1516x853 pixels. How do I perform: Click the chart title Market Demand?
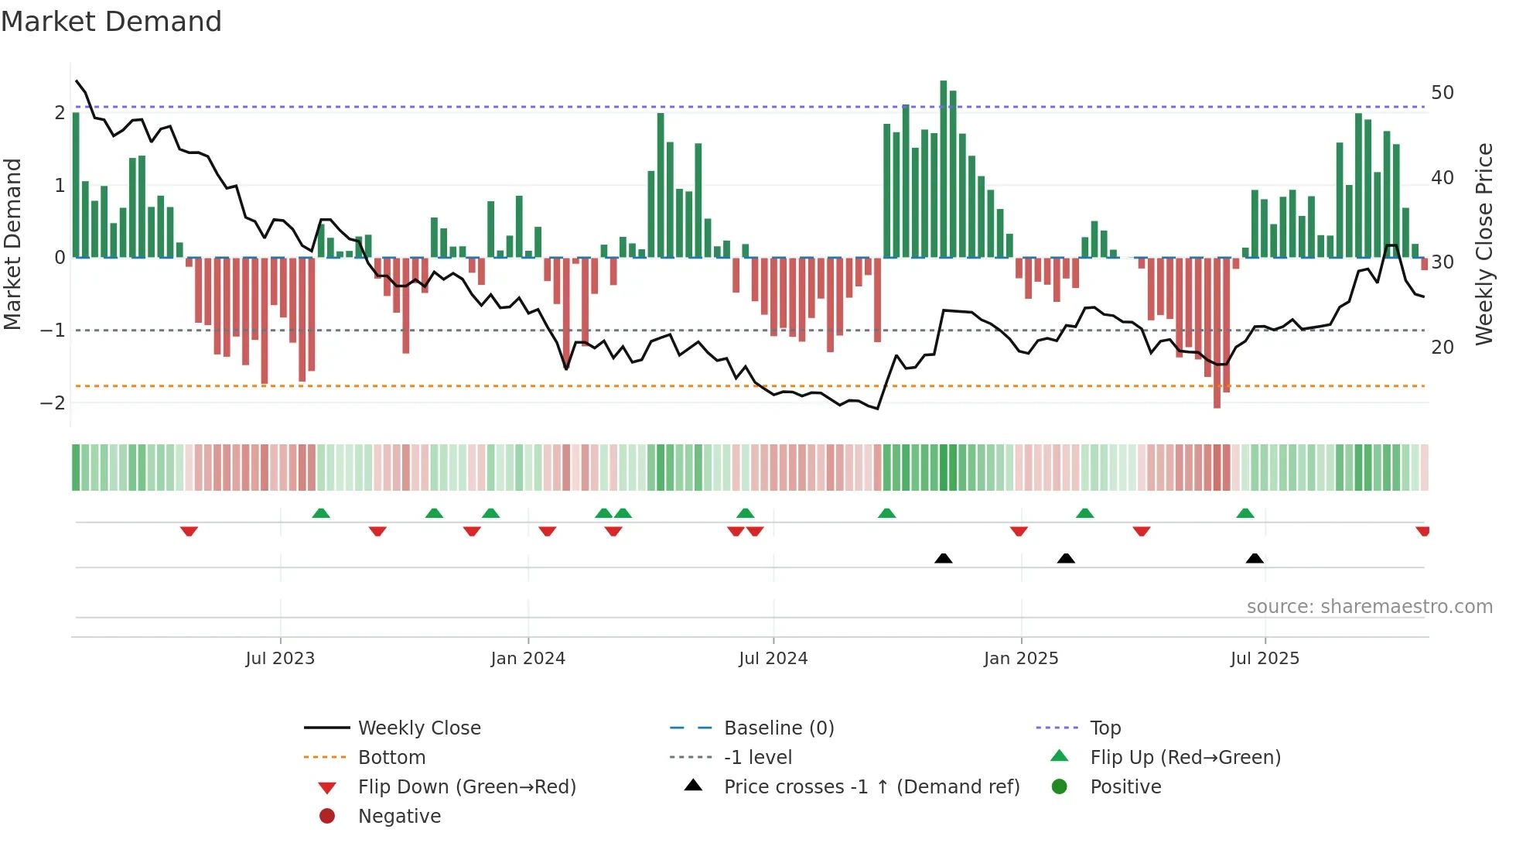(x=111, y=22)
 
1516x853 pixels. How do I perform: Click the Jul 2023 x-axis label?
(x=280, y=659)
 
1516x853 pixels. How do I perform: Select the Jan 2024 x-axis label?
(x=528, y=659)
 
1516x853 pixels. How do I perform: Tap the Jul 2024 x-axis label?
(x=773, y=659)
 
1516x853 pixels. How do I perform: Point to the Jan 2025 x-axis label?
(x=1021, y=659)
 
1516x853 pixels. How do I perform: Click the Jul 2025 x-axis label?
(x=1265, y=659)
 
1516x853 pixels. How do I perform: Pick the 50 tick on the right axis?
(x=1443, y=93)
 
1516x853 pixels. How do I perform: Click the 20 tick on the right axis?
(x=1443, y=348)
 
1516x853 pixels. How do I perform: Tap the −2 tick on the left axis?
(x=53, y=403)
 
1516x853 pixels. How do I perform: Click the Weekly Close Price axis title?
(x=1484, y=244)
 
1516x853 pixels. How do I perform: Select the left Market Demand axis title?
(x=12, y=244)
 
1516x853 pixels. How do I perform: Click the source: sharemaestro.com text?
(x=1369, y=607)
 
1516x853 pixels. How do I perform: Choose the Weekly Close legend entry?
(x=418, y=728)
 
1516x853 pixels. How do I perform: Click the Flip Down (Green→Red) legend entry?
(x=466, y=787)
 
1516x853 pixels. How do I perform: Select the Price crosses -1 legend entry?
(x=871, y=787)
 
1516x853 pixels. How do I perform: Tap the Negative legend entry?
(x=399, y=817)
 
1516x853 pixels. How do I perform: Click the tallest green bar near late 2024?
(x=944, y=169)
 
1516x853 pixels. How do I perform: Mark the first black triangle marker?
(x=943, y=558)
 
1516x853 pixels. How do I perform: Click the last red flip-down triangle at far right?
(x=1422, y=531)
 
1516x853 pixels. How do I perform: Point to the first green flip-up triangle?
(x=321, y=513)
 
